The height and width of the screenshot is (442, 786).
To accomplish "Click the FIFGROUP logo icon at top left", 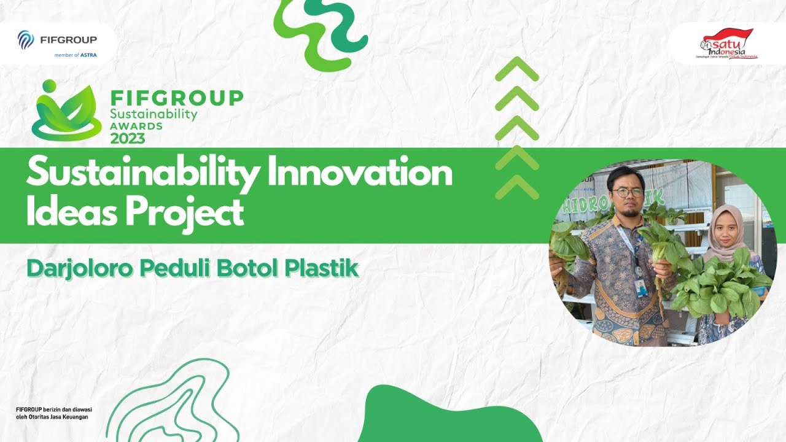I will (26, 40).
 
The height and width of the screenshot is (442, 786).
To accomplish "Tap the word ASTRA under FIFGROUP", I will (88, 55).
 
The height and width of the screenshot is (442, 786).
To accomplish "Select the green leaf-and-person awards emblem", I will (66, 111).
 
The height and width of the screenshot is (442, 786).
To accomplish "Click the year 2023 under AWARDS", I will (128, 139).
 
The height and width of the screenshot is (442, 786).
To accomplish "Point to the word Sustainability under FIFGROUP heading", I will (154, 114).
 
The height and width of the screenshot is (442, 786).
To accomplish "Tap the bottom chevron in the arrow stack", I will (517, 187).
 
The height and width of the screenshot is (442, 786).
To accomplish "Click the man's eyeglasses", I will (627, 192).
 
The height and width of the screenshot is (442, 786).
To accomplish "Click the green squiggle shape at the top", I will (319, 31).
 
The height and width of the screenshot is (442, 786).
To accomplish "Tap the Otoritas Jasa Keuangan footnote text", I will (52, 417).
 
